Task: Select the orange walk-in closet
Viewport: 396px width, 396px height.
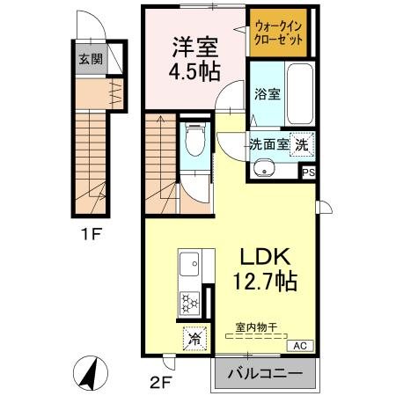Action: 281,34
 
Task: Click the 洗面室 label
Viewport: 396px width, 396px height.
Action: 268,144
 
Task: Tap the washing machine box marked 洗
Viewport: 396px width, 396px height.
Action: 302,144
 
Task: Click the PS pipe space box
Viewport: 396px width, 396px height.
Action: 308,172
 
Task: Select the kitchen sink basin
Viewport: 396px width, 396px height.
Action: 189,263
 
